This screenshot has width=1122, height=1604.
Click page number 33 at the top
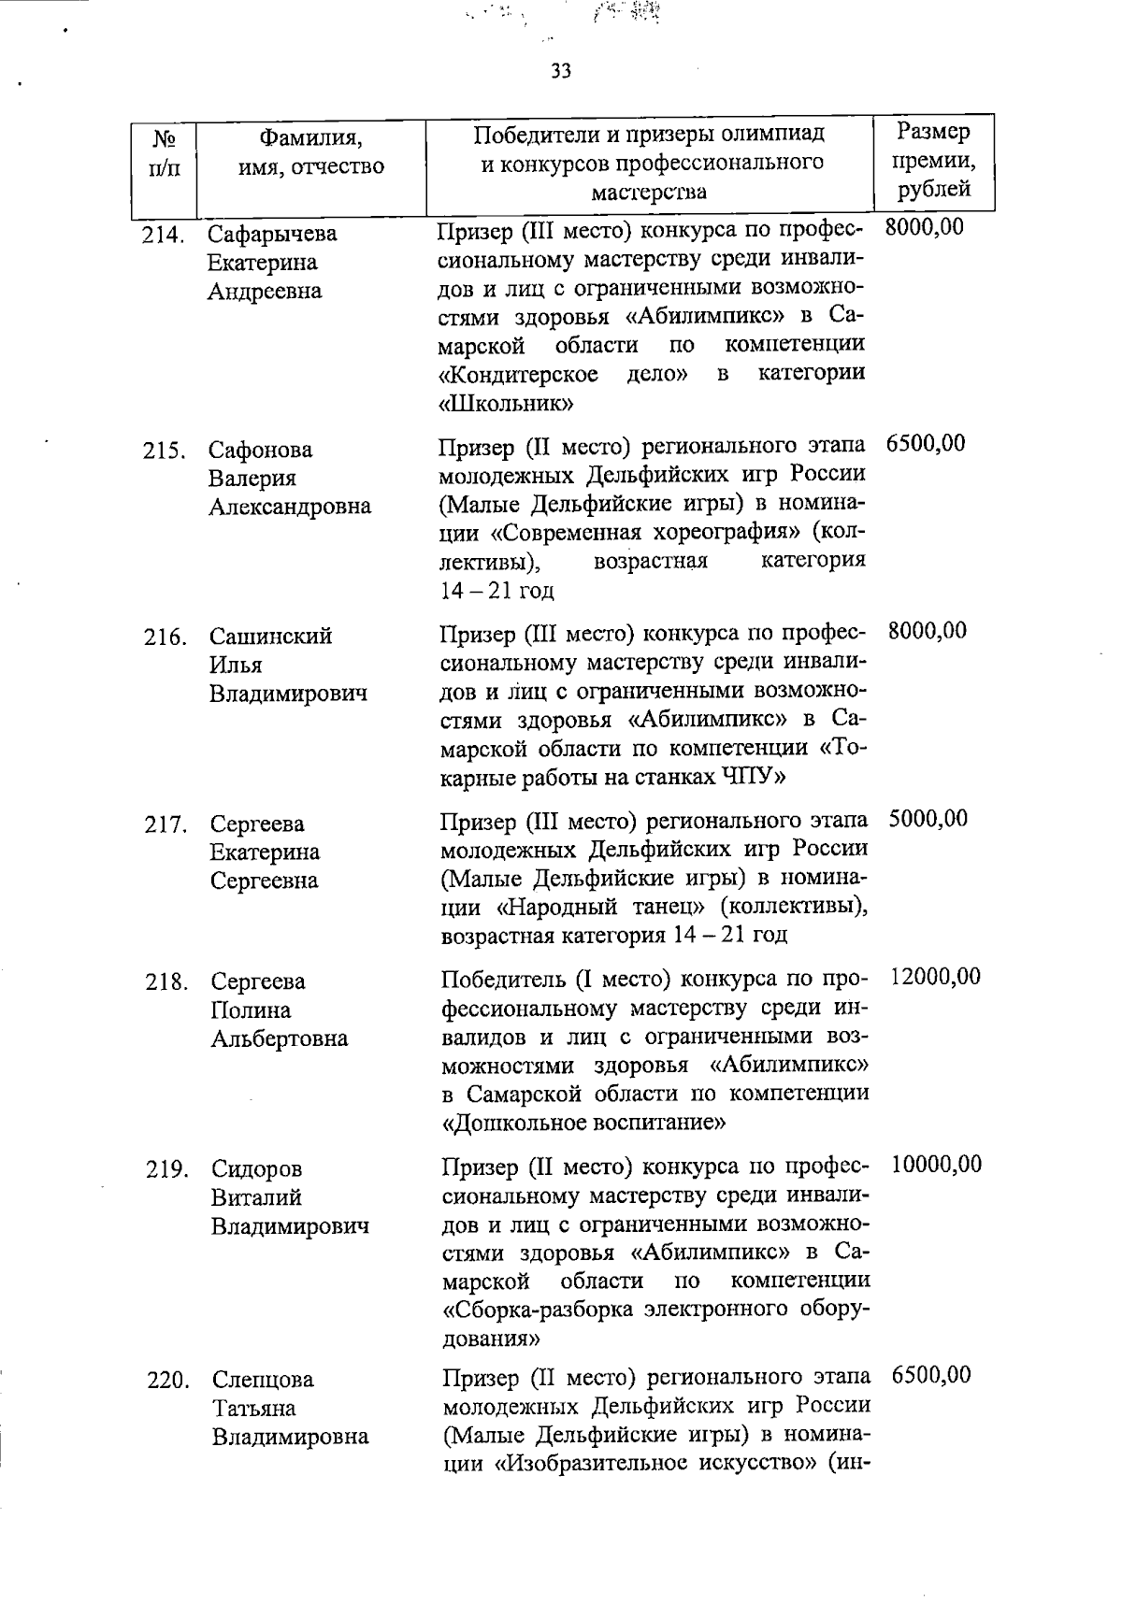561,72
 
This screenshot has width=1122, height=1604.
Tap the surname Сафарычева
272,234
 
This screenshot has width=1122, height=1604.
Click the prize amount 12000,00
935,977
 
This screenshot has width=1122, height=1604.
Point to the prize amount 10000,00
936,1164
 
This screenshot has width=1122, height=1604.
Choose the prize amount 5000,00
928,819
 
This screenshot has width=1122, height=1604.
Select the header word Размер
933,131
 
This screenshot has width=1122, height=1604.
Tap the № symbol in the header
165,138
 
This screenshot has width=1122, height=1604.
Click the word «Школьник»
506,405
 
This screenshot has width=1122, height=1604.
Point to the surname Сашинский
270,637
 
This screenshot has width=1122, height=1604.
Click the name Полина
251,1010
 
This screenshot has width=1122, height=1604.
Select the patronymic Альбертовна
279,1038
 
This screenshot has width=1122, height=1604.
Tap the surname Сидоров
256,1169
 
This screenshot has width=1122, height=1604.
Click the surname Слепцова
263,1380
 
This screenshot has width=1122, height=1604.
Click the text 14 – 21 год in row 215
496,591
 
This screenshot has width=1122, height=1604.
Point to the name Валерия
252,479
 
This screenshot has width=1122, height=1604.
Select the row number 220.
168,1381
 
